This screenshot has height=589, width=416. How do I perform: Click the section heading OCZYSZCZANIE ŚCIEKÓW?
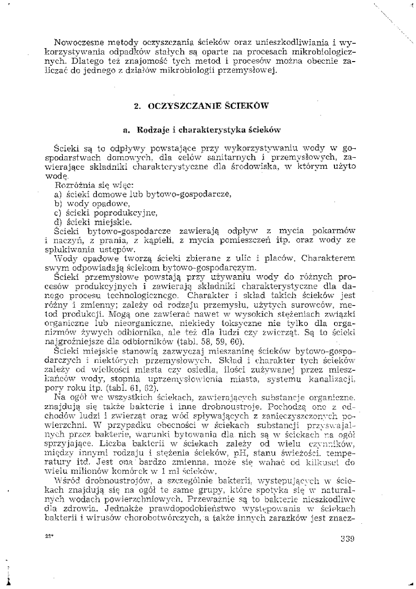(201, 106)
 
